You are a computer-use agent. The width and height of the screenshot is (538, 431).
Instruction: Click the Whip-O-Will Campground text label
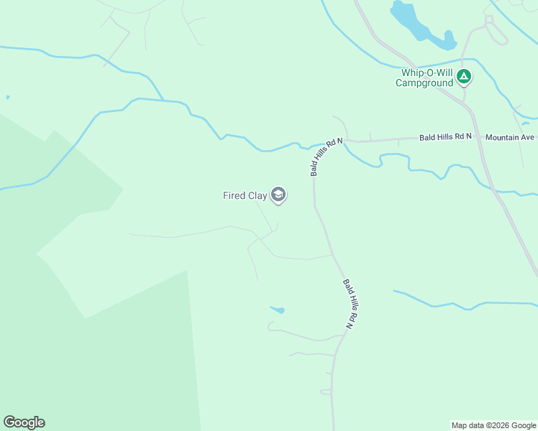(x=424, y=77)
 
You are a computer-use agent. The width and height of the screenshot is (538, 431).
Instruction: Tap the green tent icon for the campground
(x=465, y=75)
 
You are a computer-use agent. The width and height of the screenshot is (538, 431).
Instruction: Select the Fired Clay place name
(x=245, y=195)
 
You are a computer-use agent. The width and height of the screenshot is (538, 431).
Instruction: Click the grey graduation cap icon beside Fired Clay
(x=278, y=195)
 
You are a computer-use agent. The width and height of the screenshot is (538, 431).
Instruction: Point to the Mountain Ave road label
(x=510, y=136)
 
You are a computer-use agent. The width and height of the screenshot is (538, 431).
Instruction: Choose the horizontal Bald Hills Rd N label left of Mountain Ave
(x=445, y=136)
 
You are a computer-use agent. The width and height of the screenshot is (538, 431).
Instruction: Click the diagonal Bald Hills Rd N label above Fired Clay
(x=326, y=157)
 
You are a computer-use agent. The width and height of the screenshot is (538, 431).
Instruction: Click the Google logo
(x=24, y=422)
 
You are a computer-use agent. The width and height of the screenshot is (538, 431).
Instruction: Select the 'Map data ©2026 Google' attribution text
(x=493, y=425)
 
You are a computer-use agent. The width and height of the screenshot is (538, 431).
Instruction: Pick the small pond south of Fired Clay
(x=278, y=310)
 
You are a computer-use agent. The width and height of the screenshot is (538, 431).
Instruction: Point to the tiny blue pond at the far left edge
(x=8, y=97)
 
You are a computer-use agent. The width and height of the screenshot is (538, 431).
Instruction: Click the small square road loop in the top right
(x=490, y=20)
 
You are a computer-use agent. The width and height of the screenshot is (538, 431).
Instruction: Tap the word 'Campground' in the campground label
(x=424, y=83)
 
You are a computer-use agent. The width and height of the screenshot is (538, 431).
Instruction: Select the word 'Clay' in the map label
(x=258, y=195)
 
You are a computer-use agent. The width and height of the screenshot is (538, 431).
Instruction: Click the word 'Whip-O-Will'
(x=424, y=72)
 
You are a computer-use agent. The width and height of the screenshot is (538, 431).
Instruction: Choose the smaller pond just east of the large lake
(x=449, y=40)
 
